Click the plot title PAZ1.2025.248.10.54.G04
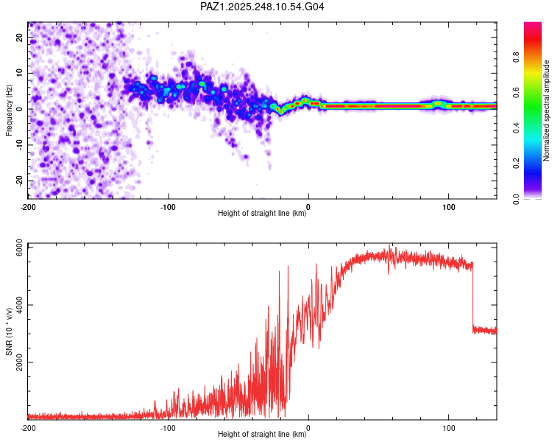point(263,7)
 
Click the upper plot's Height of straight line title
point(262,214)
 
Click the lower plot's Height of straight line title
point(262,435)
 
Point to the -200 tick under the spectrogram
point(28,207)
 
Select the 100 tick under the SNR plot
point(448,428)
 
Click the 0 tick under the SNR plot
point(308,428)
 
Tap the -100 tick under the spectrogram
point(168,207)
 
